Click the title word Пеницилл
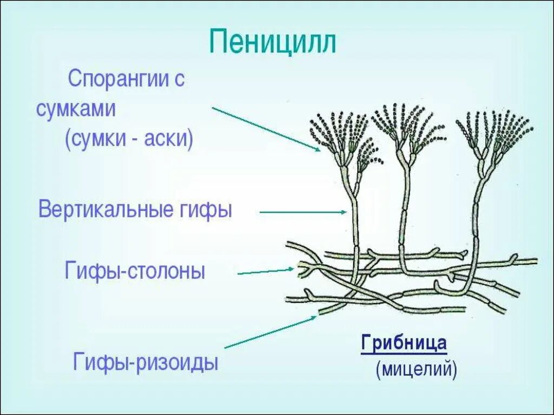pyautogui.click(x=273, y=42)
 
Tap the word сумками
pyautogui.click(x=76, y=109)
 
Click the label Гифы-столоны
pyautogui.click(x=135, y=270)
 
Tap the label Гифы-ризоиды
pyautogui.click(x=146, y=362)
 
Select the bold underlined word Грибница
pyautogui.click(x=404, y=344)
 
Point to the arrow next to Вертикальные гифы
pyautogui.click(x=303, y=212)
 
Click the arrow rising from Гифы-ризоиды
pyautogui.click(x=271, y=331)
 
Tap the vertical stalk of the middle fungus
pyautogui.click(x=404, y=216)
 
